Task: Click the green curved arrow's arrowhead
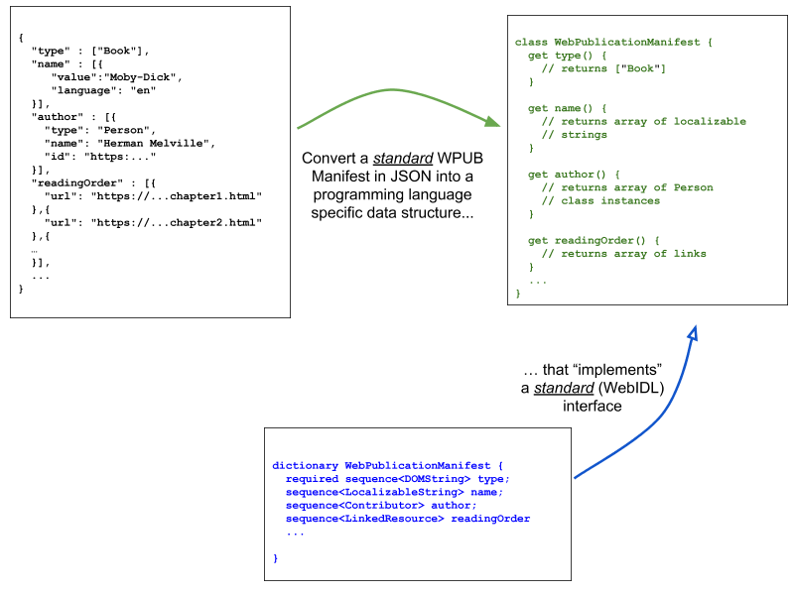point(492,122)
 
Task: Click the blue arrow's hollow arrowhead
point(693,333)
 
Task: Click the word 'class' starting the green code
point(531,43)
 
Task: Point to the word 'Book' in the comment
point(640,68)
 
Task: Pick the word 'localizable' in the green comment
point(710,121)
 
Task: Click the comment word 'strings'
point(584,135)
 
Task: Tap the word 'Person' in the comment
point(693,187)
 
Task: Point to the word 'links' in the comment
point(690,253)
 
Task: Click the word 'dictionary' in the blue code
point(305,466)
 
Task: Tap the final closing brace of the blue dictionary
point(275,558)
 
